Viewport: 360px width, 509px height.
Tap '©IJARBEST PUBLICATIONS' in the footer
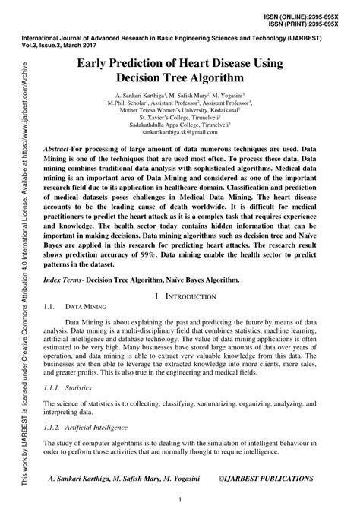(x=266, y=480)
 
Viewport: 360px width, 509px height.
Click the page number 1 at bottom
(x=180, y=500)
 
